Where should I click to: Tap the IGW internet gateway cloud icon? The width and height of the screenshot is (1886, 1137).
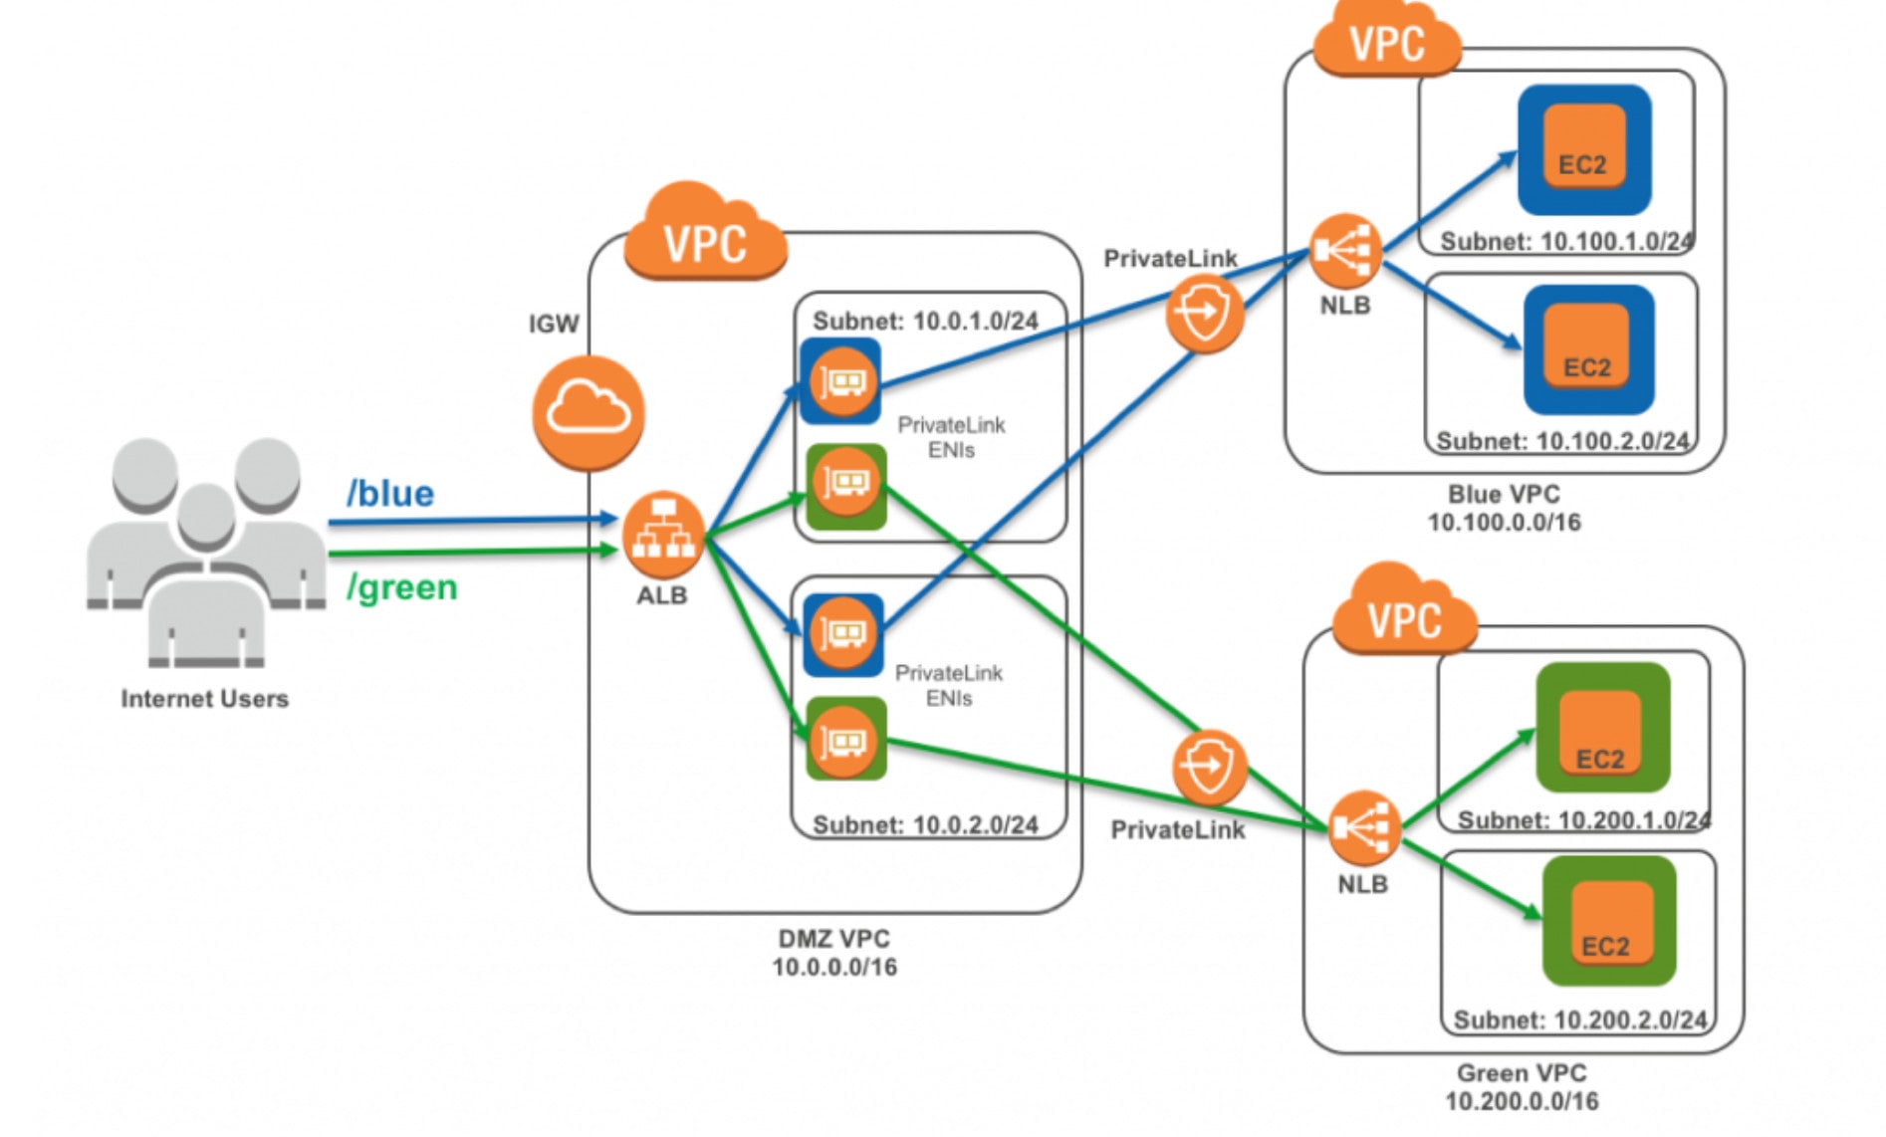coord(589,412)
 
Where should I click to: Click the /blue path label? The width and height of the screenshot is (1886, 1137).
coord(389,494)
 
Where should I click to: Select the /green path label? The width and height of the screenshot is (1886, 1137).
coord(401,587)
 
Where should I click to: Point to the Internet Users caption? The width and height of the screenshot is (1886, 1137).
coord(204,699)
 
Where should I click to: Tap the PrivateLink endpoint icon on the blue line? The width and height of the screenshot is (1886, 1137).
coord(1205,315)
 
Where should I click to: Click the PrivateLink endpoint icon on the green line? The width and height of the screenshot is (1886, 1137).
coord(1210,768)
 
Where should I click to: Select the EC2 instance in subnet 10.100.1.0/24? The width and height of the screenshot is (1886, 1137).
coord(1583,150)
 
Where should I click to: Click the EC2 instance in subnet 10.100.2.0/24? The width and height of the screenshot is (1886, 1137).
coord(1588,350)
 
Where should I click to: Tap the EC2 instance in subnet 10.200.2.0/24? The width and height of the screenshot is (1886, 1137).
coord(1608,921)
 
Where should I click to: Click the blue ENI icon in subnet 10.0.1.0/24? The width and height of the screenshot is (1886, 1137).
coord(841,381)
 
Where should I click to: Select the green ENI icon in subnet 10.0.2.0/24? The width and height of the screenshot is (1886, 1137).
coord(845,740)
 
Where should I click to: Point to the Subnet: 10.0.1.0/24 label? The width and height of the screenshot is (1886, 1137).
coord(925,321)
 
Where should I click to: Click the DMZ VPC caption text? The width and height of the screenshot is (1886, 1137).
coord(833,939)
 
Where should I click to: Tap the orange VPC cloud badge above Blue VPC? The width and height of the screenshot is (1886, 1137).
coord(1386,42)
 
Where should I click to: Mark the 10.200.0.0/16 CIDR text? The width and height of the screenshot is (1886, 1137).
coord(1522,1101)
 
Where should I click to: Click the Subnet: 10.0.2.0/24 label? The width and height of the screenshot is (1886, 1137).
coord(925,824)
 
